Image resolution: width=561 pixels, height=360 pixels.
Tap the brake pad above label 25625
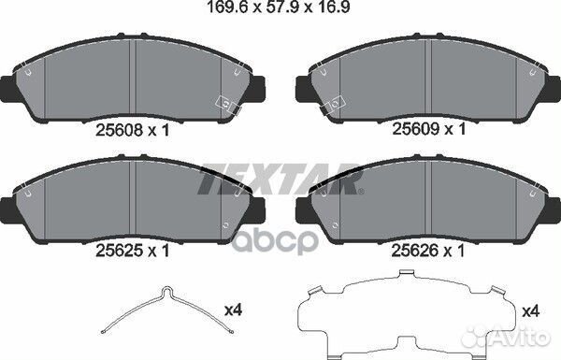pos(136,197)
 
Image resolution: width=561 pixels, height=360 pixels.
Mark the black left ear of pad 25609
pos(304,90)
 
